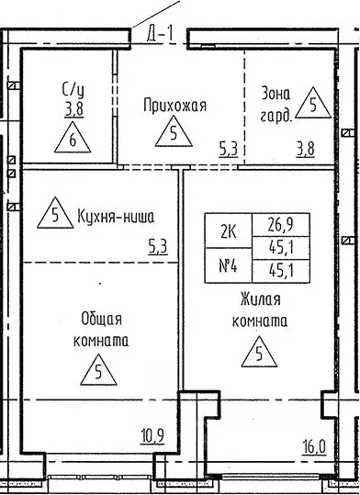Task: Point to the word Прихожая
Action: (174, 106)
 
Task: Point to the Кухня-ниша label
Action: (116, 217)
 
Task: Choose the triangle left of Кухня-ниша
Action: (55, 215)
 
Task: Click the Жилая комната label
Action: (261, 311)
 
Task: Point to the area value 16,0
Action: (315, 447)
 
